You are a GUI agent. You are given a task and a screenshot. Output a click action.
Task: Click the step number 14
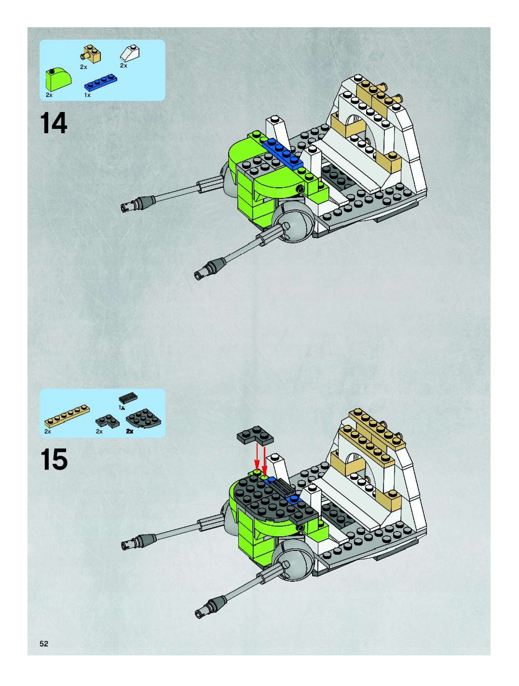click(x=54, y=123)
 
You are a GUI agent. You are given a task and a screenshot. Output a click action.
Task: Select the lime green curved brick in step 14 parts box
click(x=58, y=80)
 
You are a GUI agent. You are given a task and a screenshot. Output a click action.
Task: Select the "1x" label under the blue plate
click(x=87, y=95)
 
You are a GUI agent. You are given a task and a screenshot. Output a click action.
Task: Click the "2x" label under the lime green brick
click(x=49, y=95)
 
